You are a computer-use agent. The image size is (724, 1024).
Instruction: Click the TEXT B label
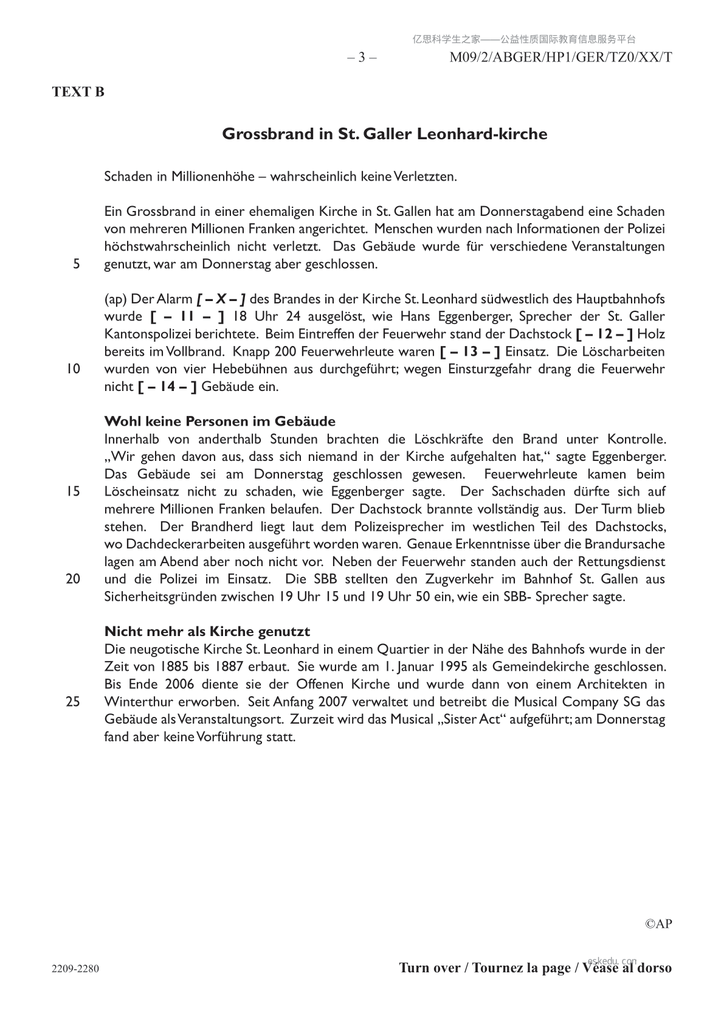point(78,92)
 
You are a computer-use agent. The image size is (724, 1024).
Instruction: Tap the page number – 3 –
point(362,58)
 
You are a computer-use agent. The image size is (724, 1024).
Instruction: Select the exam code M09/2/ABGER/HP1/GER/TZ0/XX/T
point(560,58)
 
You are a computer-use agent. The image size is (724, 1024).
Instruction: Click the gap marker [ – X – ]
point(221,299)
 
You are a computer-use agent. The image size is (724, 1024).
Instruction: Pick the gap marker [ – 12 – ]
point(604,334)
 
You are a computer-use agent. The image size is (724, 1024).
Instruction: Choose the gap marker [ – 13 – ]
point(470,352)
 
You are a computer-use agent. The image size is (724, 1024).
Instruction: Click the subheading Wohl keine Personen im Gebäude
point(219,421)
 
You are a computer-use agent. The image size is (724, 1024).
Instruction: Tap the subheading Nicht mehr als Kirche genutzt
point(207,631)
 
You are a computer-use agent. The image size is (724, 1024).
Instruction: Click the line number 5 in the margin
point(76,265)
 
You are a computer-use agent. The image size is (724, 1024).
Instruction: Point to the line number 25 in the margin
point(73,702)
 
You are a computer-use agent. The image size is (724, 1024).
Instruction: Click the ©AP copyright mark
point(658,924)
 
